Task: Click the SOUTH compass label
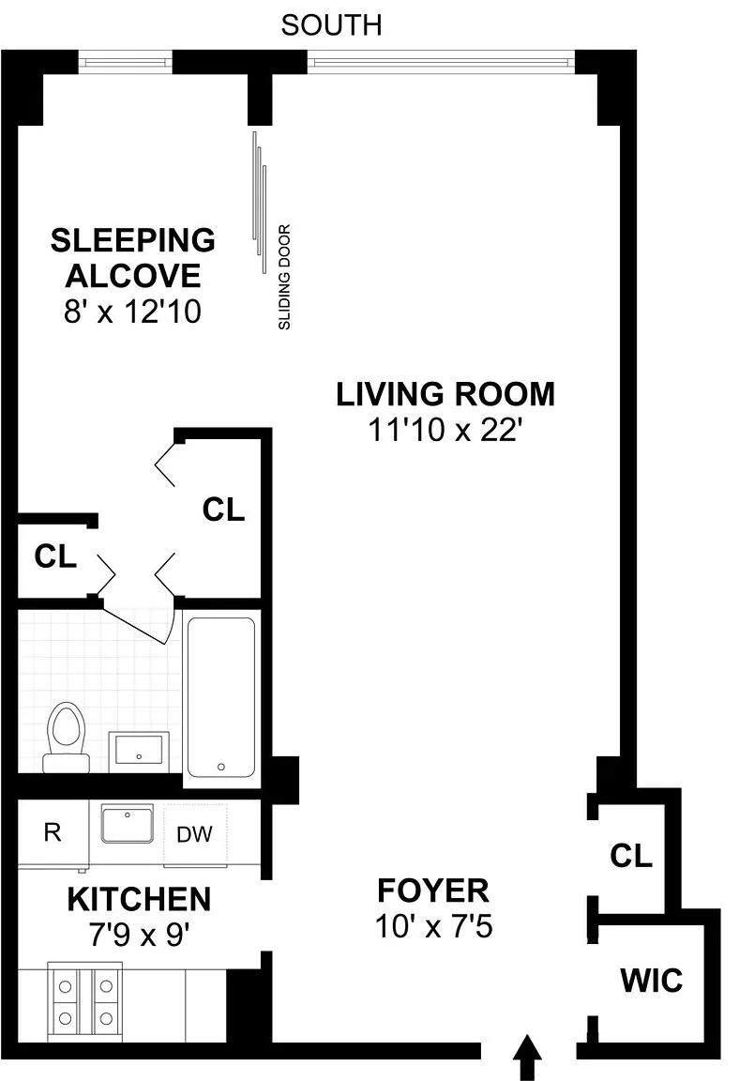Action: point(331,25)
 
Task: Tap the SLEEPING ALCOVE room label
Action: point(133,258)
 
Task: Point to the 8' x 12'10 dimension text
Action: point(133,312)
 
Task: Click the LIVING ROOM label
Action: point(445,394)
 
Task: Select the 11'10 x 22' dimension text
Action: point(444,430)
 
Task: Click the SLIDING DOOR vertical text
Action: point(284,277)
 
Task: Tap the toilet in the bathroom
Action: point(67,737)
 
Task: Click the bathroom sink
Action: point(139,750)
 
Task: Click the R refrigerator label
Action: point(53,832)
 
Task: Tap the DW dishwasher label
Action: point(194,834)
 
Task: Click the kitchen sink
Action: point(128,823)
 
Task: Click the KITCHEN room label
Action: point(139,900)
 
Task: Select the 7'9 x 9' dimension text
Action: point(139,936)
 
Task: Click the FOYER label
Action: point(433,891)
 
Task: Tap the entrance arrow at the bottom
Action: point(528,1057)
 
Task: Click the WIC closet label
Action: point(652,981)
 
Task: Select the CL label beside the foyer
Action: point(631,856)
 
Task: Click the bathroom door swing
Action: point(138,624)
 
